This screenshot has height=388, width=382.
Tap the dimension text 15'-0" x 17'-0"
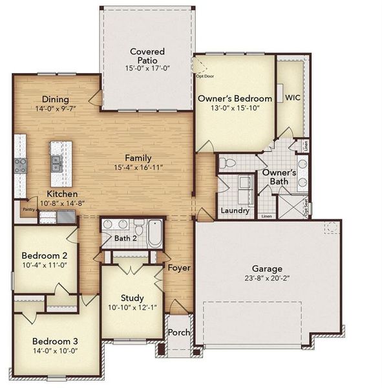pos(147,68)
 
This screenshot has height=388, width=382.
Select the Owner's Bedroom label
pos(235,98)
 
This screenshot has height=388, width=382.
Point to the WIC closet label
pos(292,98)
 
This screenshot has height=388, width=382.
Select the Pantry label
pos(27,210)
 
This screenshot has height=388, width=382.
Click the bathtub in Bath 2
pos(155,233)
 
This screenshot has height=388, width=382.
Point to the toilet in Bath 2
pos(138,228)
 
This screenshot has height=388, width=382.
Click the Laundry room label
pos(235,211)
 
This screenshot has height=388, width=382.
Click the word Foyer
pos(178,267)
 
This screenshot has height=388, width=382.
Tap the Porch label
pos(179,332)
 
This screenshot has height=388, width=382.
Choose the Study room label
pos(132,297)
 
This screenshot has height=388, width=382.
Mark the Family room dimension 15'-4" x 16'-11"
pos(138,167)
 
